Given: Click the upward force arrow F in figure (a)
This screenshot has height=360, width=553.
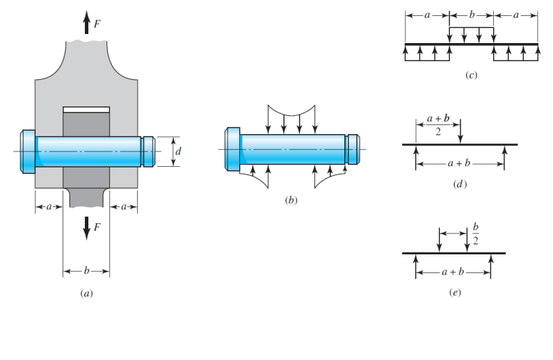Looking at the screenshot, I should [86, 24].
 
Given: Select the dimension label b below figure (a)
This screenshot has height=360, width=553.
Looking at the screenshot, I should [86, 270].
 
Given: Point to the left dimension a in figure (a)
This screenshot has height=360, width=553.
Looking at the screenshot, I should [48, 206].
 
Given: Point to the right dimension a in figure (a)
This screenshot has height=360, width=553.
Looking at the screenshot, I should [124, 206].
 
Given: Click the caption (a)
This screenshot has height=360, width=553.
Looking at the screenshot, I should [86, 294].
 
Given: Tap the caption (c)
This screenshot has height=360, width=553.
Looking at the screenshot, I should [471, 75].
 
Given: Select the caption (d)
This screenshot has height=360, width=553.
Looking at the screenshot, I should [459, 183].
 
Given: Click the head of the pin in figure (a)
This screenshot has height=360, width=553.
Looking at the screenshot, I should [28, 149].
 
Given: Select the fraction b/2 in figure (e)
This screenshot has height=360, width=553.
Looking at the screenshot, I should [476, 234].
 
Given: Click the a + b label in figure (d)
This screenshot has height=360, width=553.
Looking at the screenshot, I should [459, 165].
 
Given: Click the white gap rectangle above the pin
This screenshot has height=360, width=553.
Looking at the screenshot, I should [86, 109].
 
